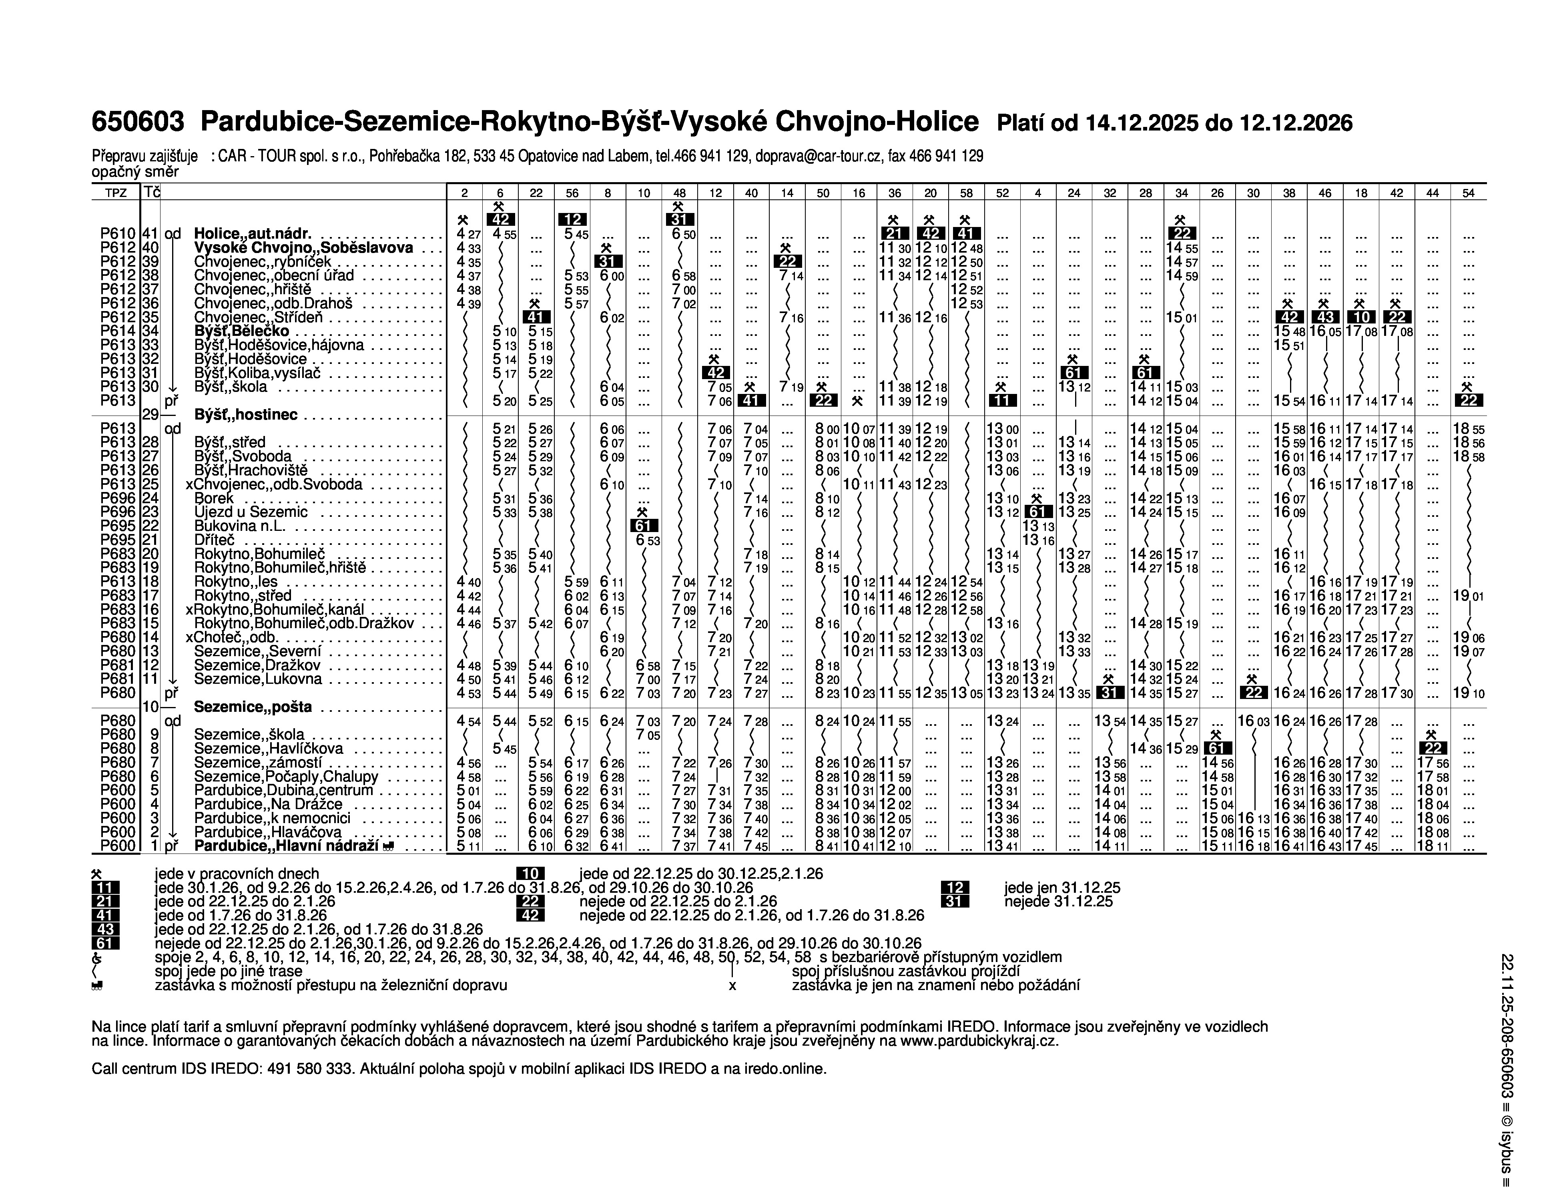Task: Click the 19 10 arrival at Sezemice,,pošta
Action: click(1468, 693)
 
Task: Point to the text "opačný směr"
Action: click(135, 171)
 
